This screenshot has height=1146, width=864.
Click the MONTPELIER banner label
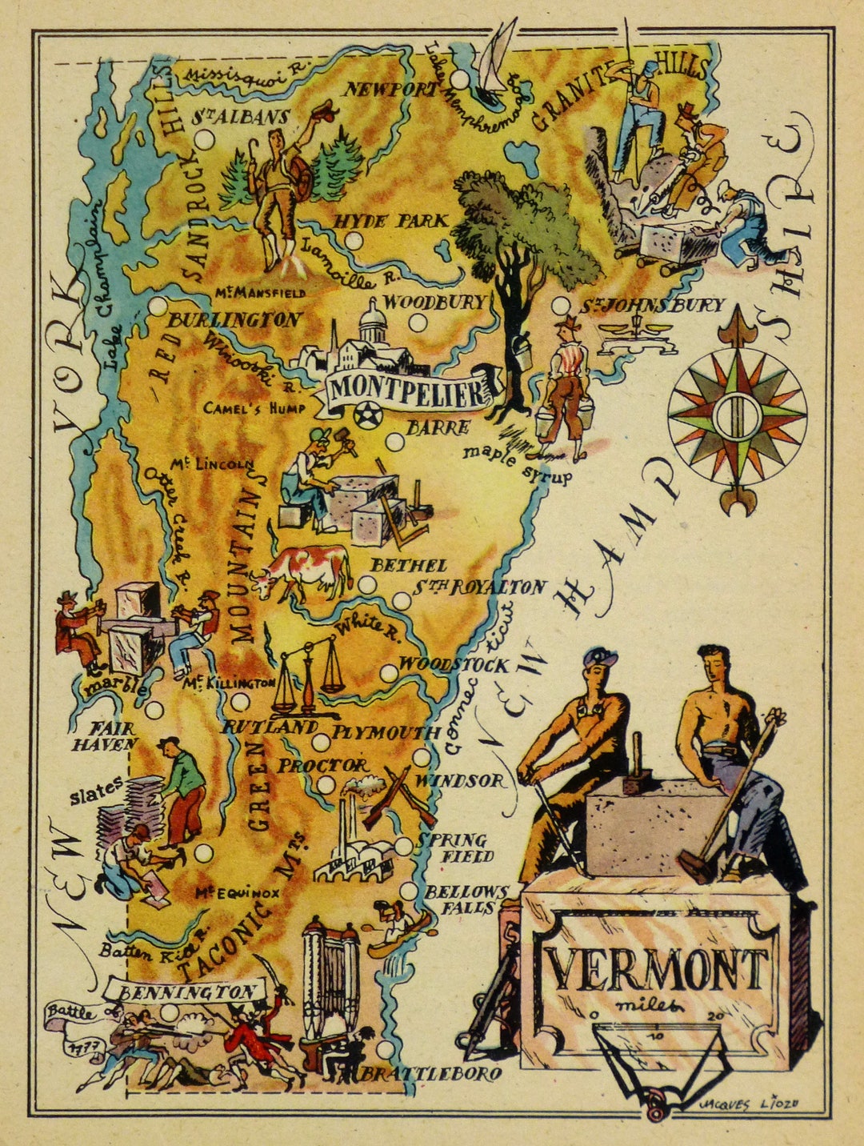pyautogui.click(x=408, y=391)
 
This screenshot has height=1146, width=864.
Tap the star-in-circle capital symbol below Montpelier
pyautogui.click(x=367, y=416)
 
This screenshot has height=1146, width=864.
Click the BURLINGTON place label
pyautogui.click(x=234, y=319)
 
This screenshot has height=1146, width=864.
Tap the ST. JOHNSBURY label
pyautogui.click(x=652, y=305)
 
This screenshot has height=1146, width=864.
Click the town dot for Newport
pyautogui.click(x=459, y=79)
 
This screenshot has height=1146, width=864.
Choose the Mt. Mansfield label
pyautogui.click(x=259, y=293)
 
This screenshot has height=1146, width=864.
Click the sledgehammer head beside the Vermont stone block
pyautogui.click(x=694, y=866)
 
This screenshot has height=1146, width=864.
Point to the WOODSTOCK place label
pyautogui.click(x=453, y=664)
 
